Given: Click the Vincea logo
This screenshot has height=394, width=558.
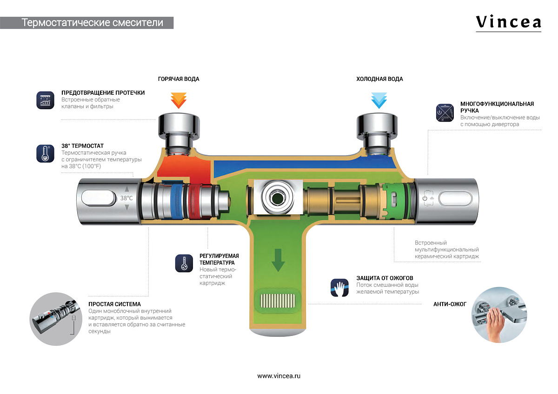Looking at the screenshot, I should pyautogui.click(x=508, y=22).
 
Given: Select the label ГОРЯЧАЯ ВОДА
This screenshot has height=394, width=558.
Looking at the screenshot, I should pyautogui.click(x=179, y=79).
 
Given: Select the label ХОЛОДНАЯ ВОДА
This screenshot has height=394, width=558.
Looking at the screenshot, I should pyautogui.click(x=379, y=79).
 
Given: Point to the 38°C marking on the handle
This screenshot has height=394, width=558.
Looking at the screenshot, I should pyautogui.click(x=126, y=198).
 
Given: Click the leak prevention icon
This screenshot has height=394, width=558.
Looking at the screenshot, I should pyautogui.click(x=46, y=100).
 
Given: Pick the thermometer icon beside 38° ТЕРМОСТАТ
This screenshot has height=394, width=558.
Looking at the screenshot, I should pyautogui.click(x=46, y=153).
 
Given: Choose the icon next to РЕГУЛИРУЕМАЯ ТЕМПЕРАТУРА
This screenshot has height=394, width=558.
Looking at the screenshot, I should pyautogui.click(x=184, y=263).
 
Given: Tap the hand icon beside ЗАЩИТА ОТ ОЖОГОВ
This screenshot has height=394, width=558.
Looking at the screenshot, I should pyautogui.click(x=339, y=288).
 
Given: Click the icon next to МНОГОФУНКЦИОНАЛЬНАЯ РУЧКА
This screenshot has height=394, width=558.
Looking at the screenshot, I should pyautogui.click(x=445, y=113).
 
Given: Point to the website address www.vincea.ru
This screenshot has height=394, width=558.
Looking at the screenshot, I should pyautogui.click(x=279, y=376).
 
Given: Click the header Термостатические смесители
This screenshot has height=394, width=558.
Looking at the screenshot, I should pyautogui.click(x=93, y=22).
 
